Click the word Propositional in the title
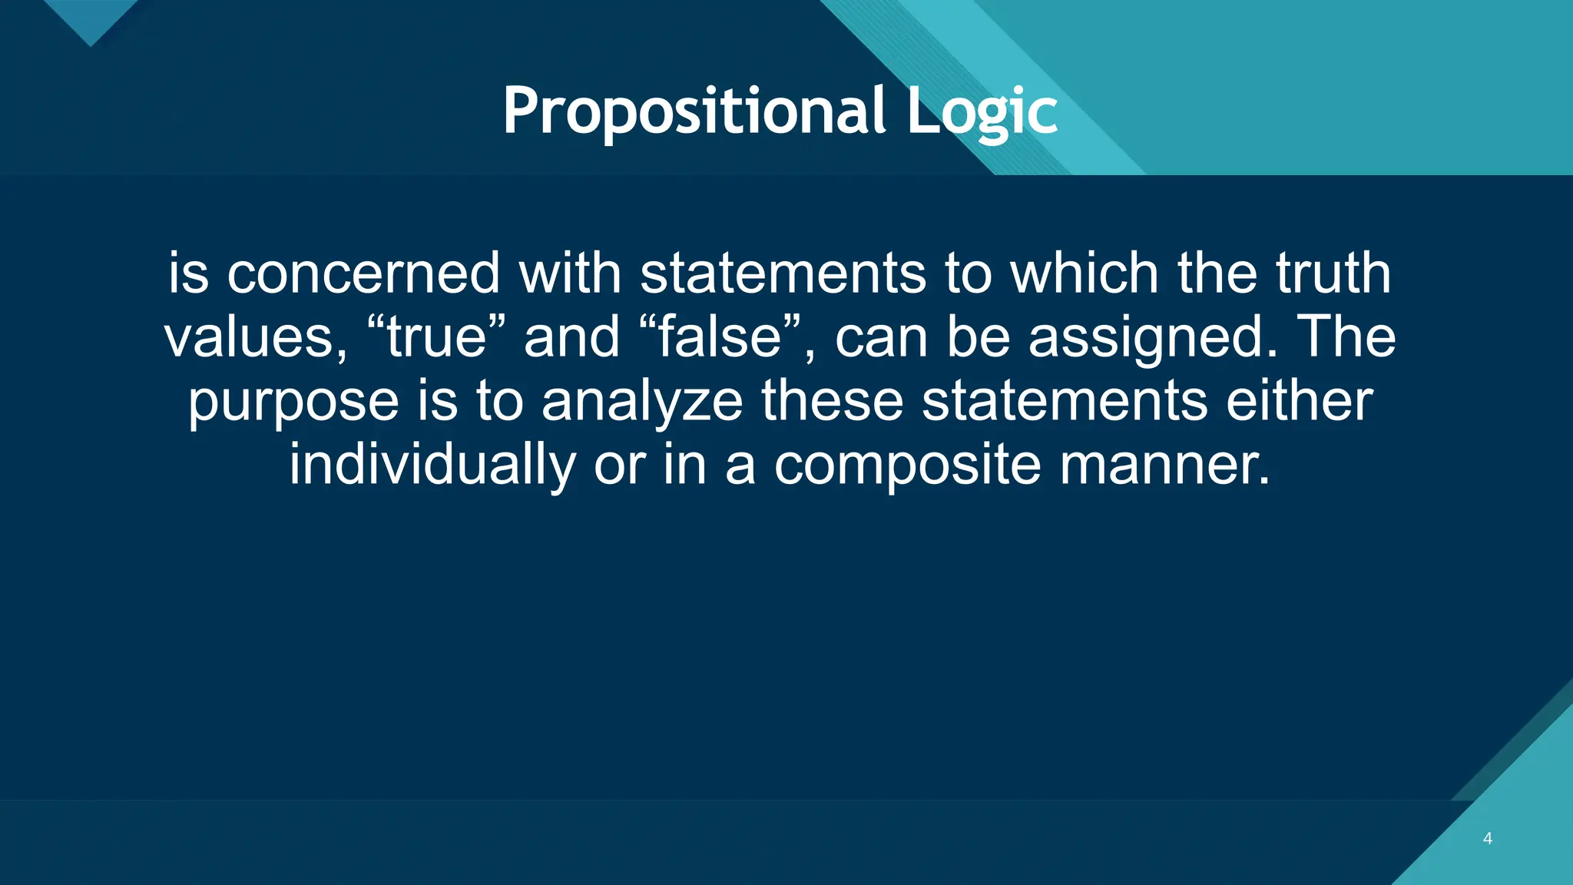[x=694, y=111]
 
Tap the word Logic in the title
[x=982, y=113]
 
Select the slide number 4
[x=1488, y=838]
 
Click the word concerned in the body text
[x=364, y=273]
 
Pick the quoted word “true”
[x=437, y=337]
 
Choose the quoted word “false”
[x=720, y=337]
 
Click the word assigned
[x=1153, y=339]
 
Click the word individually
[x=432, y=466]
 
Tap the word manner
[x=1164, y=466]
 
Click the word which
[x=1084, y=273]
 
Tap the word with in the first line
[x=570, y=273]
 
